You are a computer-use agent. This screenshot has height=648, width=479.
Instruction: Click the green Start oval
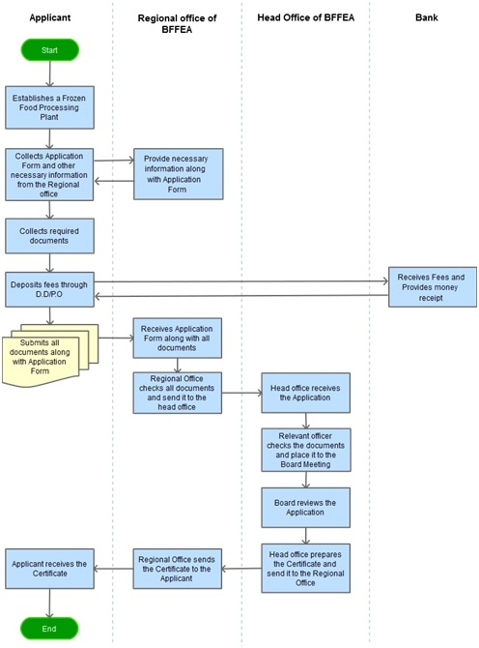(x=49, y=50)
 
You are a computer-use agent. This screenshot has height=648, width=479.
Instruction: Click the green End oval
(x=49, y=629)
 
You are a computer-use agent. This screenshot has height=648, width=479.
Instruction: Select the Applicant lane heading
(x=50, y=17)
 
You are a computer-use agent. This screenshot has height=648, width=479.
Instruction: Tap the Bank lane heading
(x=427, y=17)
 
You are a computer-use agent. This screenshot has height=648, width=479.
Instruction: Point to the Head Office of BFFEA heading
(x=306, y=17)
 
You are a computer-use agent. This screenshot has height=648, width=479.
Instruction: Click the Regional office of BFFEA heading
(x=177, y=23)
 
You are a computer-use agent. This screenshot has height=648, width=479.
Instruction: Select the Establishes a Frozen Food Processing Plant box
(x=49, y=107)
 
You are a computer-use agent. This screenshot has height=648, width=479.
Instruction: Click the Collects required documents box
(x=49, y=236)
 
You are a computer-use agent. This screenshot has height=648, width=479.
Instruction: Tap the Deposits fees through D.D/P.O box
(x=49, y=289)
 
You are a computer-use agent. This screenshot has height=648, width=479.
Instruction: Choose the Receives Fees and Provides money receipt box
(x=433, y=287)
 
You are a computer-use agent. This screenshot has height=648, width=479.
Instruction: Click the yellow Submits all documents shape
(x=45, y=356)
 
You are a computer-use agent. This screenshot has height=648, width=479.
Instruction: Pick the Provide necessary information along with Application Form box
(x=179, y=174)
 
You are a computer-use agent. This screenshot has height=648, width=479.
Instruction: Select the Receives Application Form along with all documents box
(x=178, y=339)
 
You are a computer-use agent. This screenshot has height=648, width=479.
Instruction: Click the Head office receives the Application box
(x=306, y=393)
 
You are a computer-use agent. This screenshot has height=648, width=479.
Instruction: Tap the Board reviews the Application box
(x=306, y=508)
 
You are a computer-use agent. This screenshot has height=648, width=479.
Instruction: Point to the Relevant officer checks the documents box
(x=306, y=450)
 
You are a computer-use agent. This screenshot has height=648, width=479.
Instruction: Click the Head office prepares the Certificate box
(x=306, y=569)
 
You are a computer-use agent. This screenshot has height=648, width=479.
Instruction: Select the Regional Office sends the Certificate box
(x=178, y=569)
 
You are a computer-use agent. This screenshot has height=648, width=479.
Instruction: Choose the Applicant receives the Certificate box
(x=49, y=569)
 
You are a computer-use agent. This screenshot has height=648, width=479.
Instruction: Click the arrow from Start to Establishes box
(x=49, y=74)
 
